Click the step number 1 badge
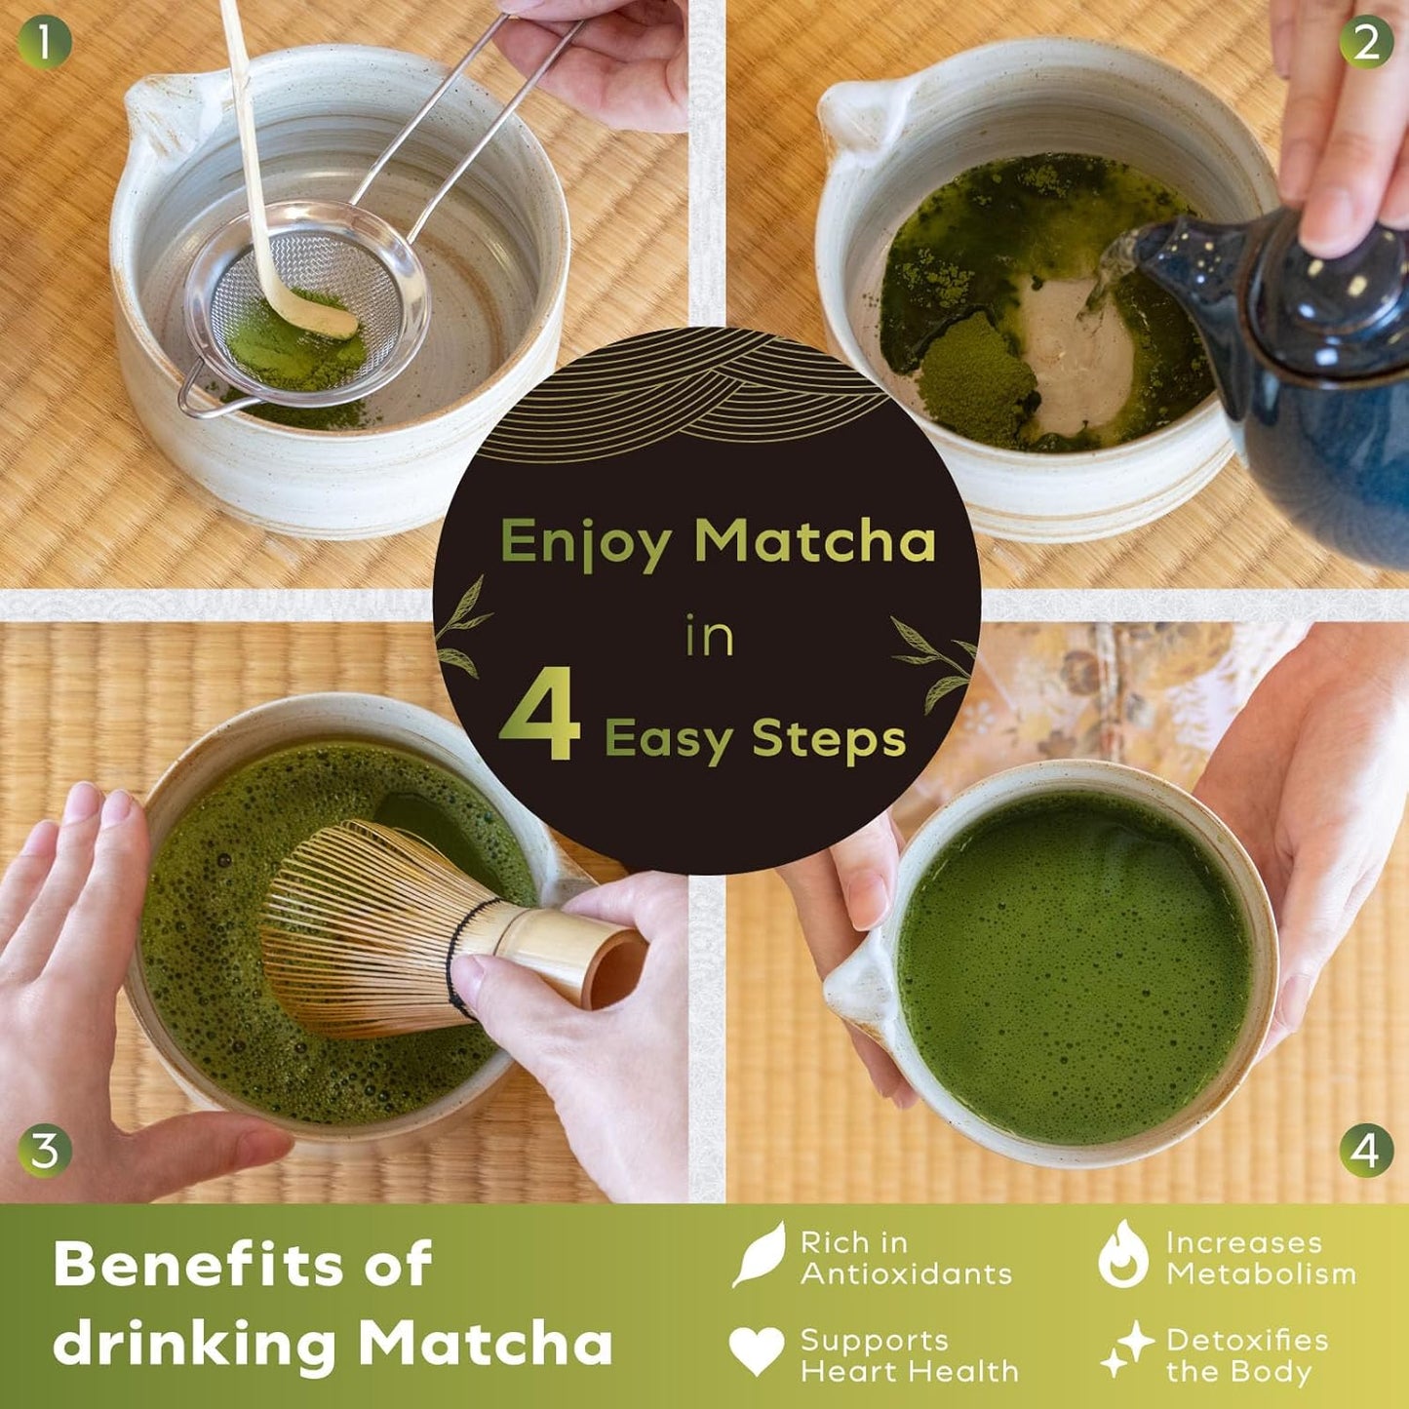click(x=44, y=43)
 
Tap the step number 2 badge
click(x=1365, y=43)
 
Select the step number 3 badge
click(x=44, y=1151)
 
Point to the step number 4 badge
click(x=1365, y=1151)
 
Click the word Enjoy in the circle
click(x=585, y=541)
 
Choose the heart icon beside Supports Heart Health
click(x=757, y=1350)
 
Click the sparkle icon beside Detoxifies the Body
click(x=1126, y=1350)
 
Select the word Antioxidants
click(x=906, y=1274)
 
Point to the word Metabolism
click(x=1262, y=1274)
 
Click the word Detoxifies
click(x=1247, y=1341)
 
